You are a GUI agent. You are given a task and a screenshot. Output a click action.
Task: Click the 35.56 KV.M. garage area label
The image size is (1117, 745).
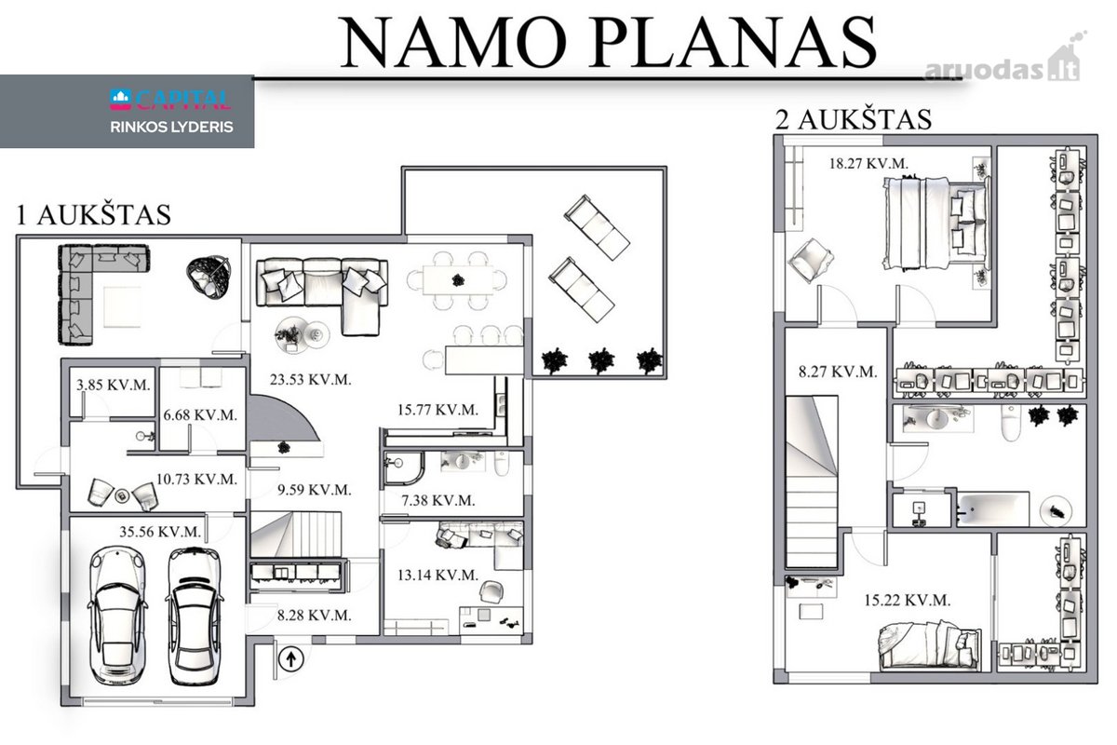[x=160, y=532]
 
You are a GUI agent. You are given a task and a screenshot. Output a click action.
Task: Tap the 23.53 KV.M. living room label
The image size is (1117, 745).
[x=311, y=380]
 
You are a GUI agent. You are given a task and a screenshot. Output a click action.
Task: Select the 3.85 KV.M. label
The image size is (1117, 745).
[x=114, y=385]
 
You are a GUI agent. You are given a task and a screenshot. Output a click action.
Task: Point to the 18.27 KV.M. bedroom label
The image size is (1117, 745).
[x=868, y=164]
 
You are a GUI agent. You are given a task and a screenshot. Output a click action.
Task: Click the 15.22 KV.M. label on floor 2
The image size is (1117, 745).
[x=907, y=600]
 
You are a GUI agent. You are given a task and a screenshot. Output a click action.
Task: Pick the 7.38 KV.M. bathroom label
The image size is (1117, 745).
[x=438, y=500]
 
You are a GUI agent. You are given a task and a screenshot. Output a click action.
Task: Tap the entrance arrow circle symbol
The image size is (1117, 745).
[x=290, y=659]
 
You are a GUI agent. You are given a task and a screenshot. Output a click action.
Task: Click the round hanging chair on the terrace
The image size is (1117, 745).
[x=209, y=277]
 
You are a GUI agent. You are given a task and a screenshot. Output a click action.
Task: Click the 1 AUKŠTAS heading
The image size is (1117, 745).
[x=94, y=214]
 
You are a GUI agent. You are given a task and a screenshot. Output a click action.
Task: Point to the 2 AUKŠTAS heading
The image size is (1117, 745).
[x=854, y=120]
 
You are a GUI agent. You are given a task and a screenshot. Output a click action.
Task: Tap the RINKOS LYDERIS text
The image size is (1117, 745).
[x=171, y=127]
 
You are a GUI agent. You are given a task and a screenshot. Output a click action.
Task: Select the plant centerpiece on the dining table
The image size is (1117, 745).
[x=458, y=280]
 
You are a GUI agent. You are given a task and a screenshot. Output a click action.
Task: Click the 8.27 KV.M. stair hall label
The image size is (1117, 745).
[x=838, y=372]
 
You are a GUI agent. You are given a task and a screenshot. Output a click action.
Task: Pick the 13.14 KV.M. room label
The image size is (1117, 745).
[x=437, y=575]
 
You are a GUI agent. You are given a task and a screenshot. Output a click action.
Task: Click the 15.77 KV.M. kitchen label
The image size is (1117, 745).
[x=437, y=410]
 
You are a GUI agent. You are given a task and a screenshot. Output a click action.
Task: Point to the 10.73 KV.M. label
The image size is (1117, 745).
[x=196, y=480]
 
